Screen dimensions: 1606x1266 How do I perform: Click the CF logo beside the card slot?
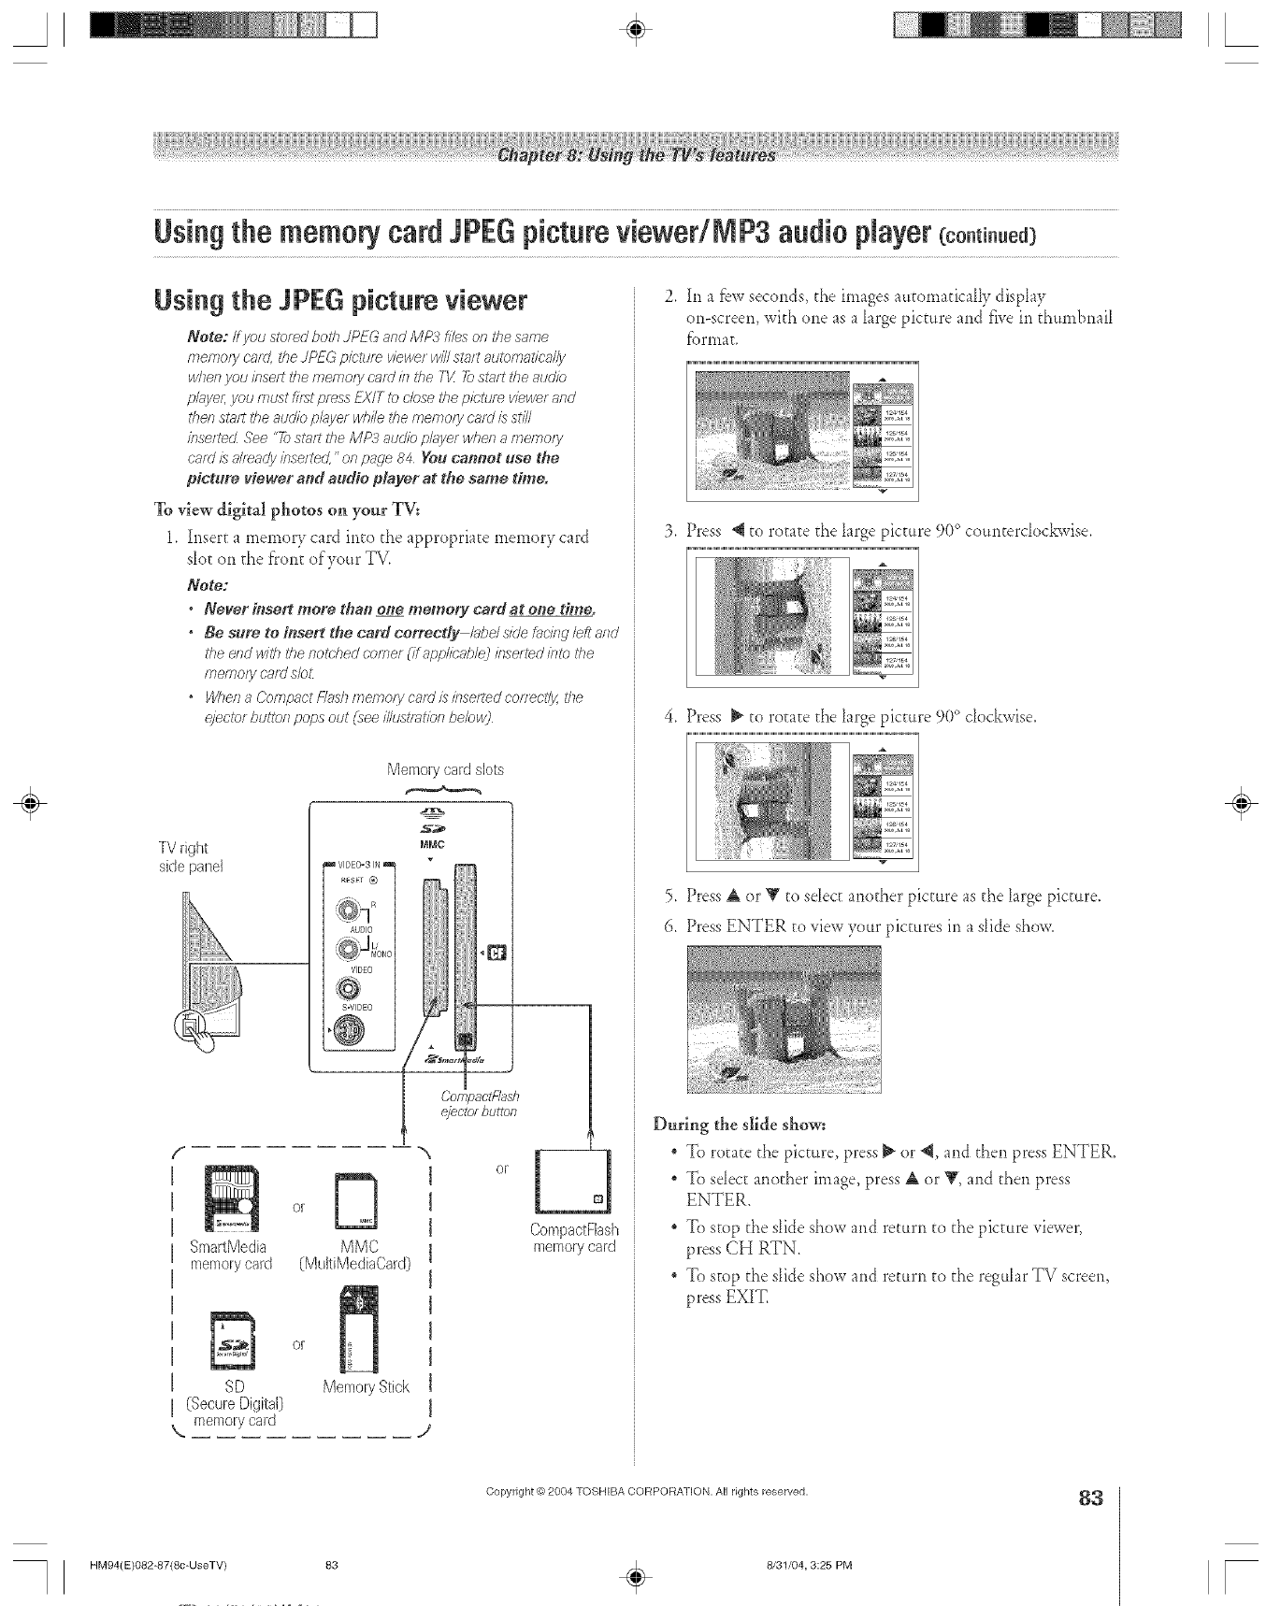(x=490, y=954)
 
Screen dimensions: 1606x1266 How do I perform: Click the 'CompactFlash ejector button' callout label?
(x=480, y=1104)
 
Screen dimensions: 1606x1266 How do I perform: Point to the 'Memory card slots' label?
(x=445, y=770)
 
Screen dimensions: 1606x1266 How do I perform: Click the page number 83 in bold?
(x=1090, y=1500)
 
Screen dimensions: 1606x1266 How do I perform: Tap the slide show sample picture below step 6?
(x=783, y=1018)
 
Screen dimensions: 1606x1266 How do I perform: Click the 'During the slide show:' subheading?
(x=741, y=1122)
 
